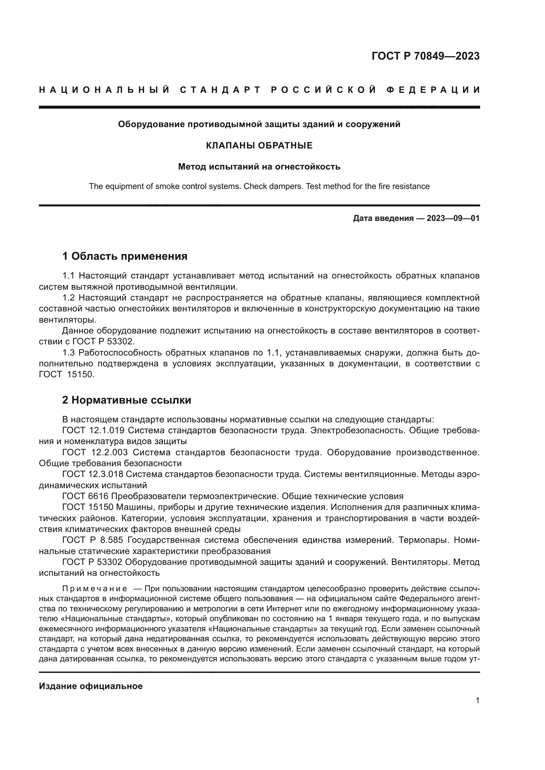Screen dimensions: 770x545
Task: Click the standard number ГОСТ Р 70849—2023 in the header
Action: tap(425, 56)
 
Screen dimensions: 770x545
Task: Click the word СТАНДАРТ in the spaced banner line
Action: tap(220, 90)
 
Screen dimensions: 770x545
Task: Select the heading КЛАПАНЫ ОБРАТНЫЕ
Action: tap(259, 146)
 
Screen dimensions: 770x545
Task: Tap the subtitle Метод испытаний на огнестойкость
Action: tap(259, 167)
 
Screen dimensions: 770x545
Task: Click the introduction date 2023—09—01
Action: tap(453, 219)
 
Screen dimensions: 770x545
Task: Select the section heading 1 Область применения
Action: tap(125, 256)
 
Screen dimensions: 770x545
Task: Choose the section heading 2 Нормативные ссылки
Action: tap(127, 400)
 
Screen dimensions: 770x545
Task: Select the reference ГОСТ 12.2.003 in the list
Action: tap(95, 452)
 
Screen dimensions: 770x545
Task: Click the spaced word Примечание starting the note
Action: tap(95, 589)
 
